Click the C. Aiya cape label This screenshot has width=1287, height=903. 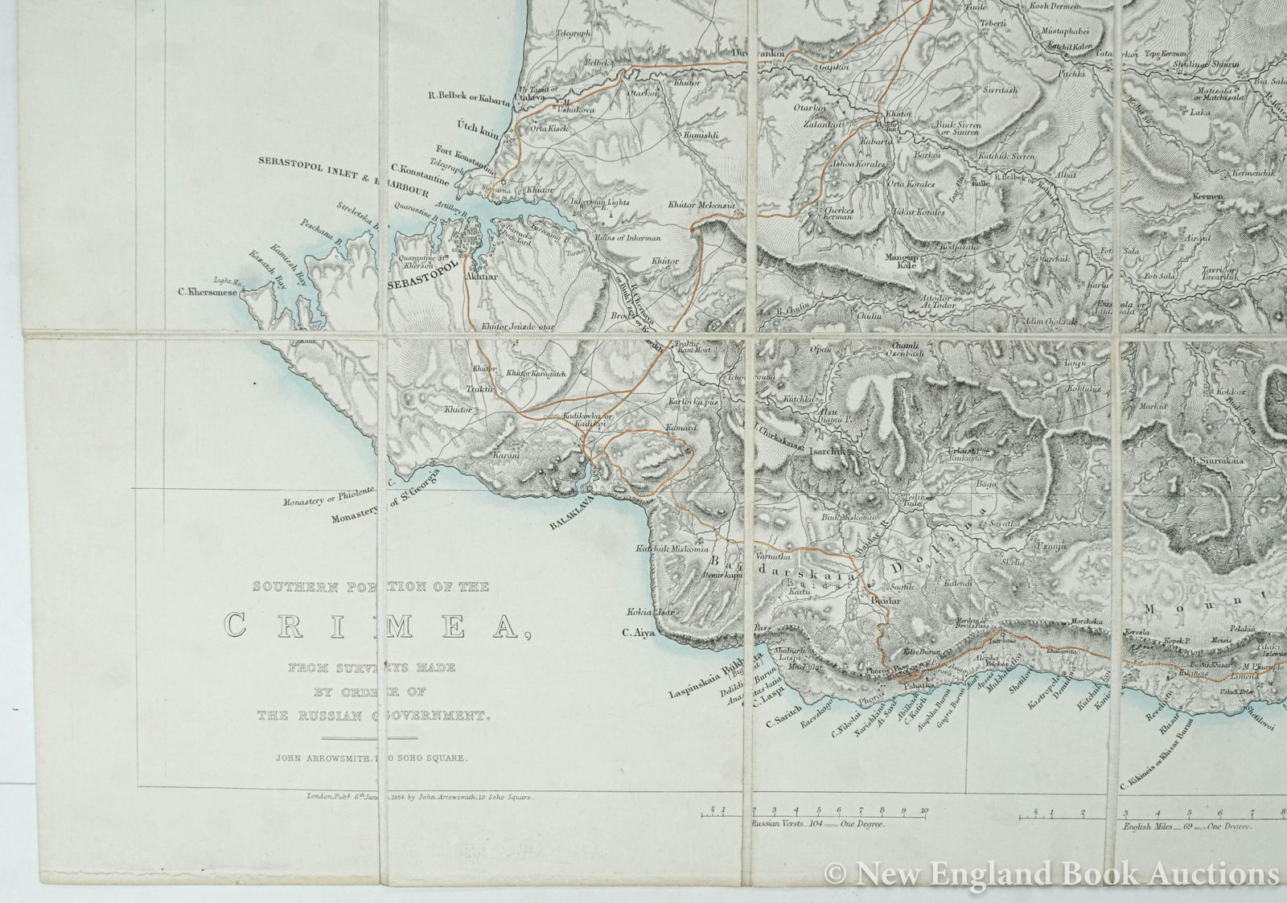click(640, 633)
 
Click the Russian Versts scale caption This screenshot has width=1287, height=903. click(817, 825)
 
